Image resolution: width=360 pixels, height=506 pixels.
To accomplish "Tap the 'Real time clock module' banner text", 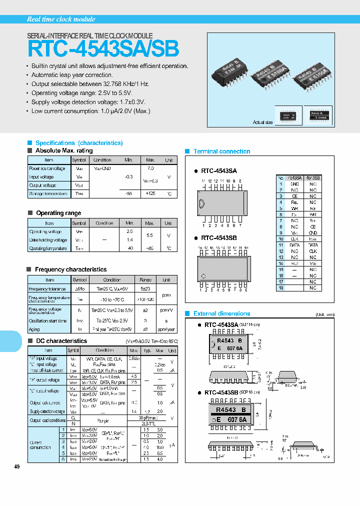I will [60, 19].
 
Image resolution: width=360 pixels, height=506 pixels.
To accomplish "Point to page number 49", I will [17, 466].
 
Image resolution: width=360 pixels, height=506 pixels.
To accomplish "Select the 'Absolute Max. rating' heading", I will [63, 150].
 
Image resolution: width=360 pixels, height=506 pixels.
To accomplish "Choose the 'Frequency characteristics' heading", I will [70, 269].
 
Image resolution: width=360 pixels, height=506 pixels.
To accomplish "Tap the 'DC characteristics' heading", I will [60, 341].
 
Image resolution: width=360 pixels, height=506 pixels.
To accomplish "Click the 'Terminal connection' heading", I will [221, 151].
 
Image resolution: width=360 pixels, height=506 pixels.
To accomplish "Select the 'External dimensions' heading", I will [221, 313].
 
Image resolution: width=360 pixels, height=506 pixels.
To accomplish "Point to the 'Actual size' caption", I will [263, 122].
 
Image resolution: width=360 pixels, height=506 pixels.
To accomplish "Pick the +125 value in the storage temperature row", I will [150, 193].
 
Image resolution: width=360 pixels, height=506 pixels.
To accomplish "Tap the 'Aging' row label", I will [34, 329].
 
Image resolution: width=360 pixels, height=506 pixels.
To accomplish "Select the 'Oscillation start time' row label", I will [47, 320].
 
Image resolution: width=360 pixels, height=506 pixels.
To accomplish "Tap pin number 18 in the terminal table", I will [281, 288].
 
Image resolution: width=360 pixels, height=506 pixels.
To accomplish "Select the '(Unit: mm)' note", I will [326, 314].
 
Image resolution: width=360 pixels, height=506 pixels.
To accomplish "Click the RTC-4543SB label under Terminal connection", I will [219, 238].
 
